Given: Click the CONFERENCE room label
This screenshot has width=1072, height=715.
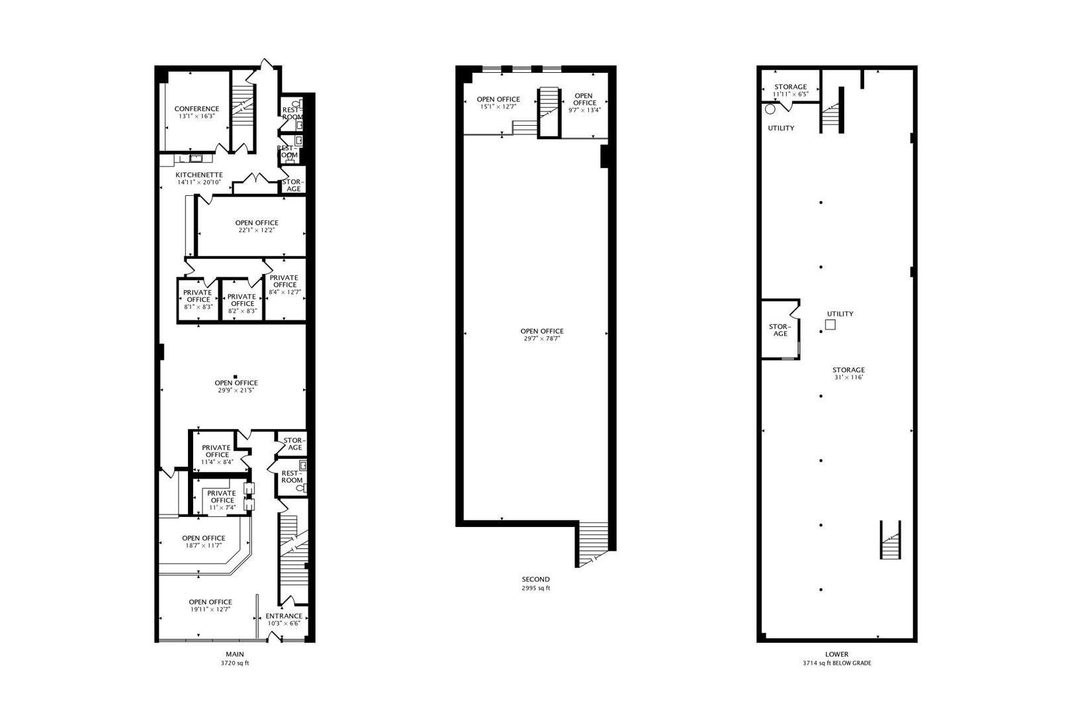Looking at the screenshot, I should pos(197,109).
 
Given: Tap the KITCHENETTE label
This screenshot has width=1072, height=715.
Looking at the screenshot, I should pos(199,175).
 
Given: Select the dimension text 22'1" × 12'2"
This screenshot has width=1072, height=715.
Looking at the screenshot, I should pos(257,230).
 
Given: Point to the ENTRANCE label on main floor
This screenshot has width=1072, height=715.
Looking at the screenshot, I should pos(284,616).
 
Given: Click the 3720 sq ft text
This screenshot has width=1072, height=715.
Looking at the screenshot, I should pos(235,663).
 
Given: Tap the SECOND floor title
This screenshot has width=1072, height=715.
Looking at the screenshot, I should pos(535,579).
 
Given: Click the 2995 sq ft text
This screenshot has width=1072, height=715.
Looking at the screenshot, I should pos(535,588).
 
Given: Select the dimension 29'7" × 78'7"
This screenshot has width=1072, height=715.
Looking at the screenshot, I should pos(542,339).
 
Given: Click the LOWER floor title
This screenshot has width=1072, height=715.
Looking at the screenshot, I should pos(836,654).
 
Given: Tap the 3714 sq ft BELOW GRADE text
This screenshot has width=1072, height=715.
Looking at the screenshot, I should pos(836,663).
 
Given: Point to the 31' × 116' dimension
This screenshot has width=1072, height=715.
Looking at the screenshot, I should pos(848,377).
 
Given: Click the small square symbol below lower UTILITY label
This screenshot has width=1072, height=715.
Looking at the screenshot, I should pos(830,325).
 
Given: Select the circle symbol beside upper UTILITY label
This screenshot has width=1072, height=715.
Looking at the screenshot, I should pos(770,109).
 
